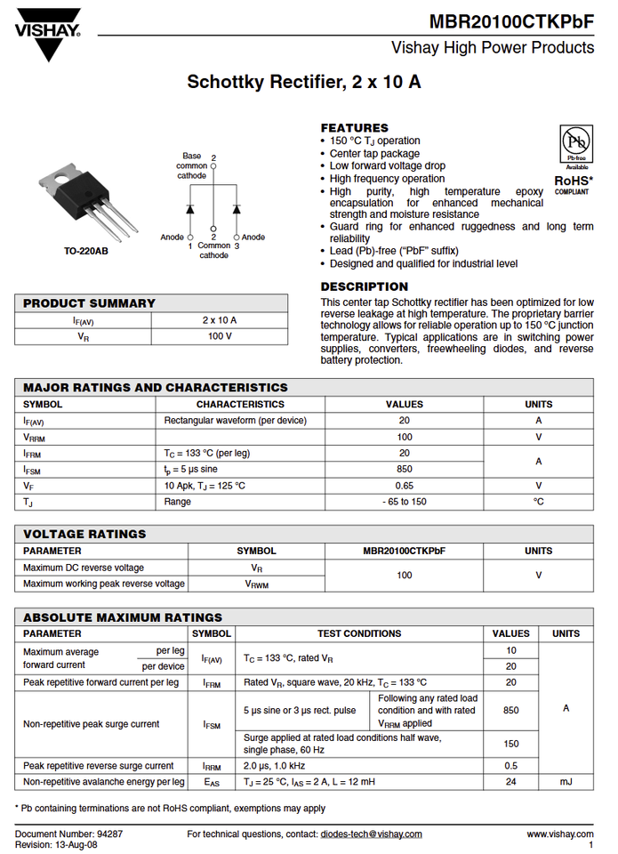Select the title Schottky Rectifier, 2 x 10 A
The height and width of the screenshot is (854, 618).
[304, 83]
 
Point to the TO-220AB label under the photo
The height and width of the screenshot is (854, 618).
[86, 252]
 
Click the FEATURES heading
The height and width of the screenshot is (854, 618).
[354, 127]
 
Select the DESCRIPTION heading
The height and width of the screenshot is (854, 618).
[364, 286]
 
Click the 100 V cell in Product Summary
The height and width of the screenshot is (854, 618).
[220, 336]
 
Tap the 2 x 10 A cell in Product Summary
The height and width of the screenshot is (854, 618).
[220, 319]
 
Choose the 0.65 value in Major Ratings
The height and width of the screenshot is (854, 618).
[405, 486]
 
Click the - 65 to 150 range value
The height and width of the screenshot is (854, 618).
[405, 502]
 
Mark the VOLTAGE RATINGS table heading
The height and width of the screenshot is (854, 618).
[84, 534]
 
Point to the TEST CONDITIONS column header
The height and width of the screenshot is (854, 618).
[359, 633]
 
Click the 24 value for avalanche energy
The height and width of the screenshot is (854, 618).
[511, 781]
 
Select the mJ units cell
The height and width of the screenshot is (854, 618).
[566, 781]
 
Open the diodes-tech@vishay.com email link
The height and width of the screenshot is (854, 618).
[371, 834]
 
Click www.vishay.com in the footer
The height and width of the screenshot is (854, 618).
[560, 834]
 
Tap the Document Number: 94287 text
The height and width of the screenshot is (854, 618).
[69, 834]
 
